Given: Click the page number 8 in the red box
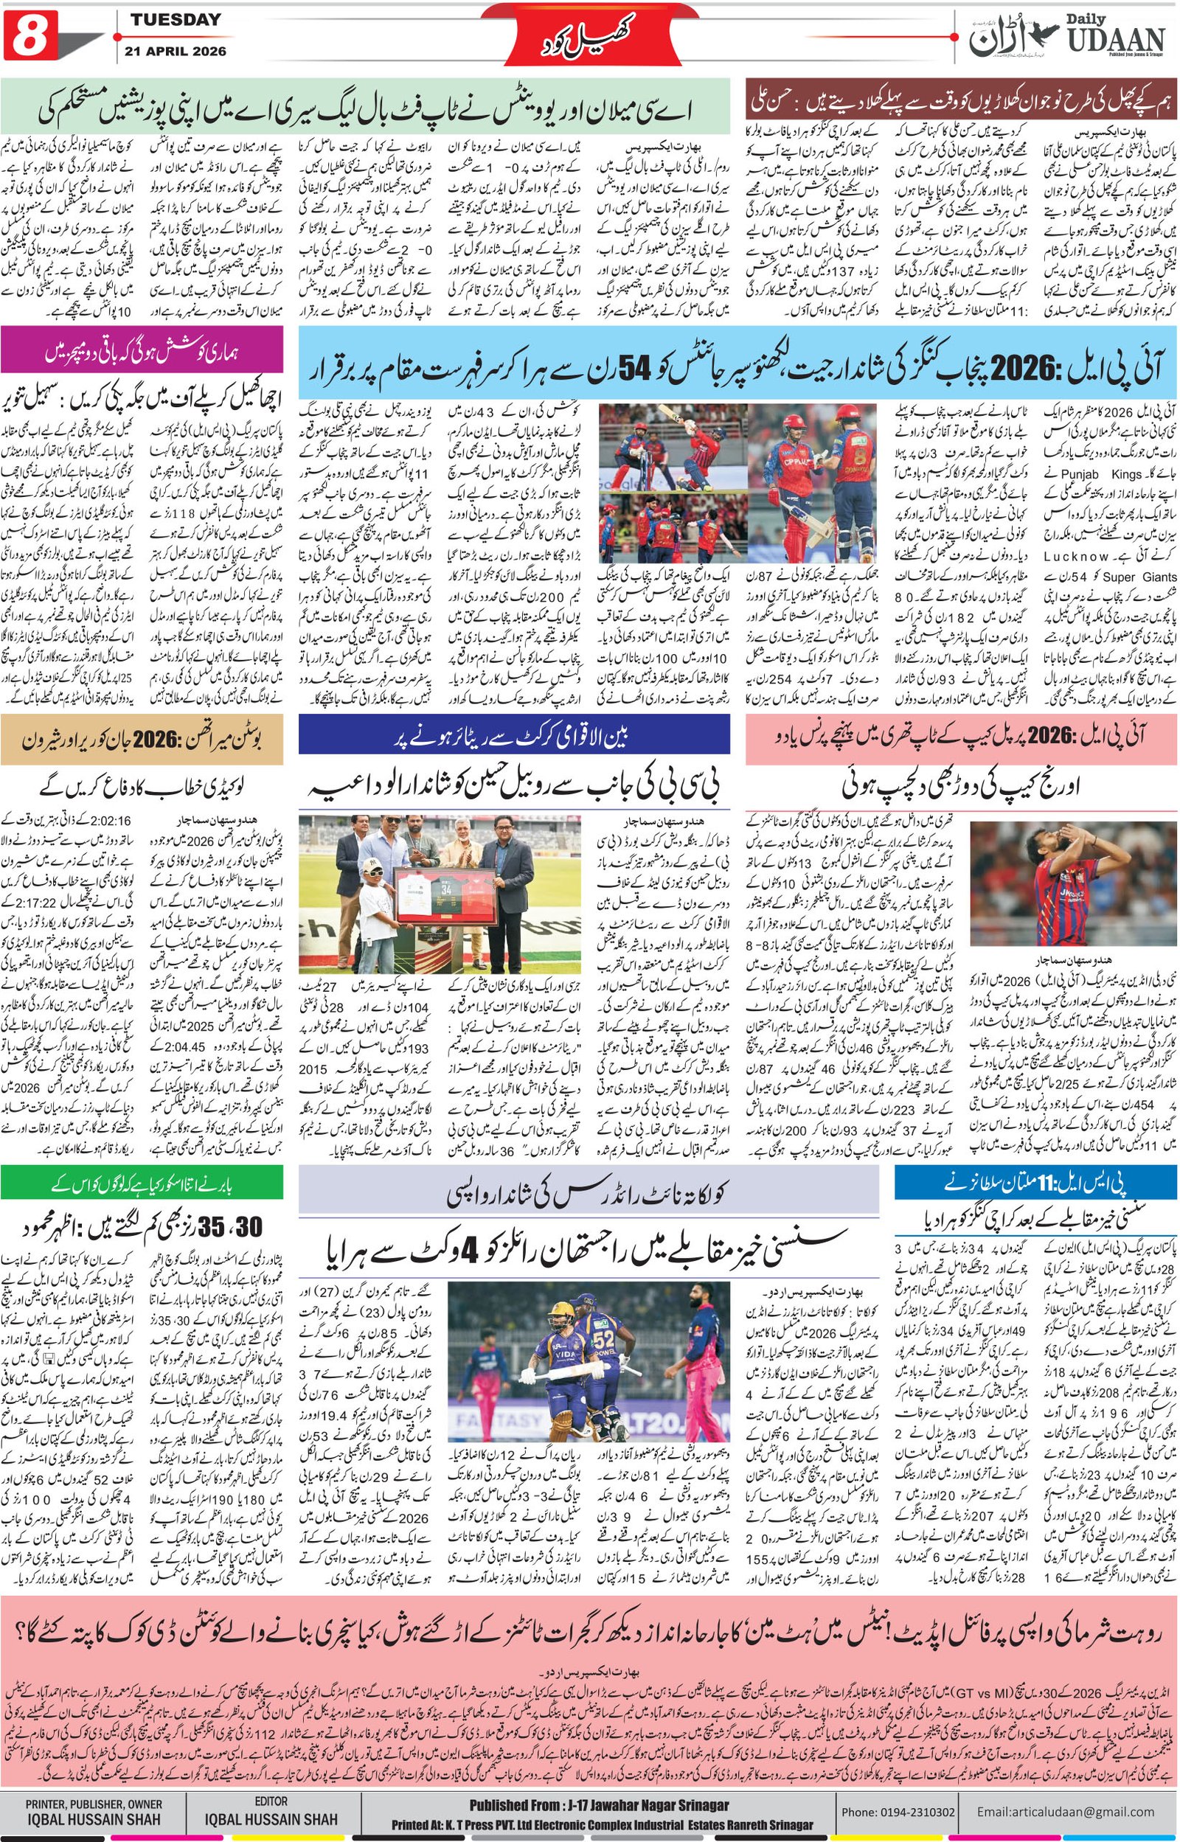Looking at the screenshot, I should click(x=27, y=36).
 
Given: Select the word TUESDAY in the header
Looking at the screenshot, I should click(x=175, y=21).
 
